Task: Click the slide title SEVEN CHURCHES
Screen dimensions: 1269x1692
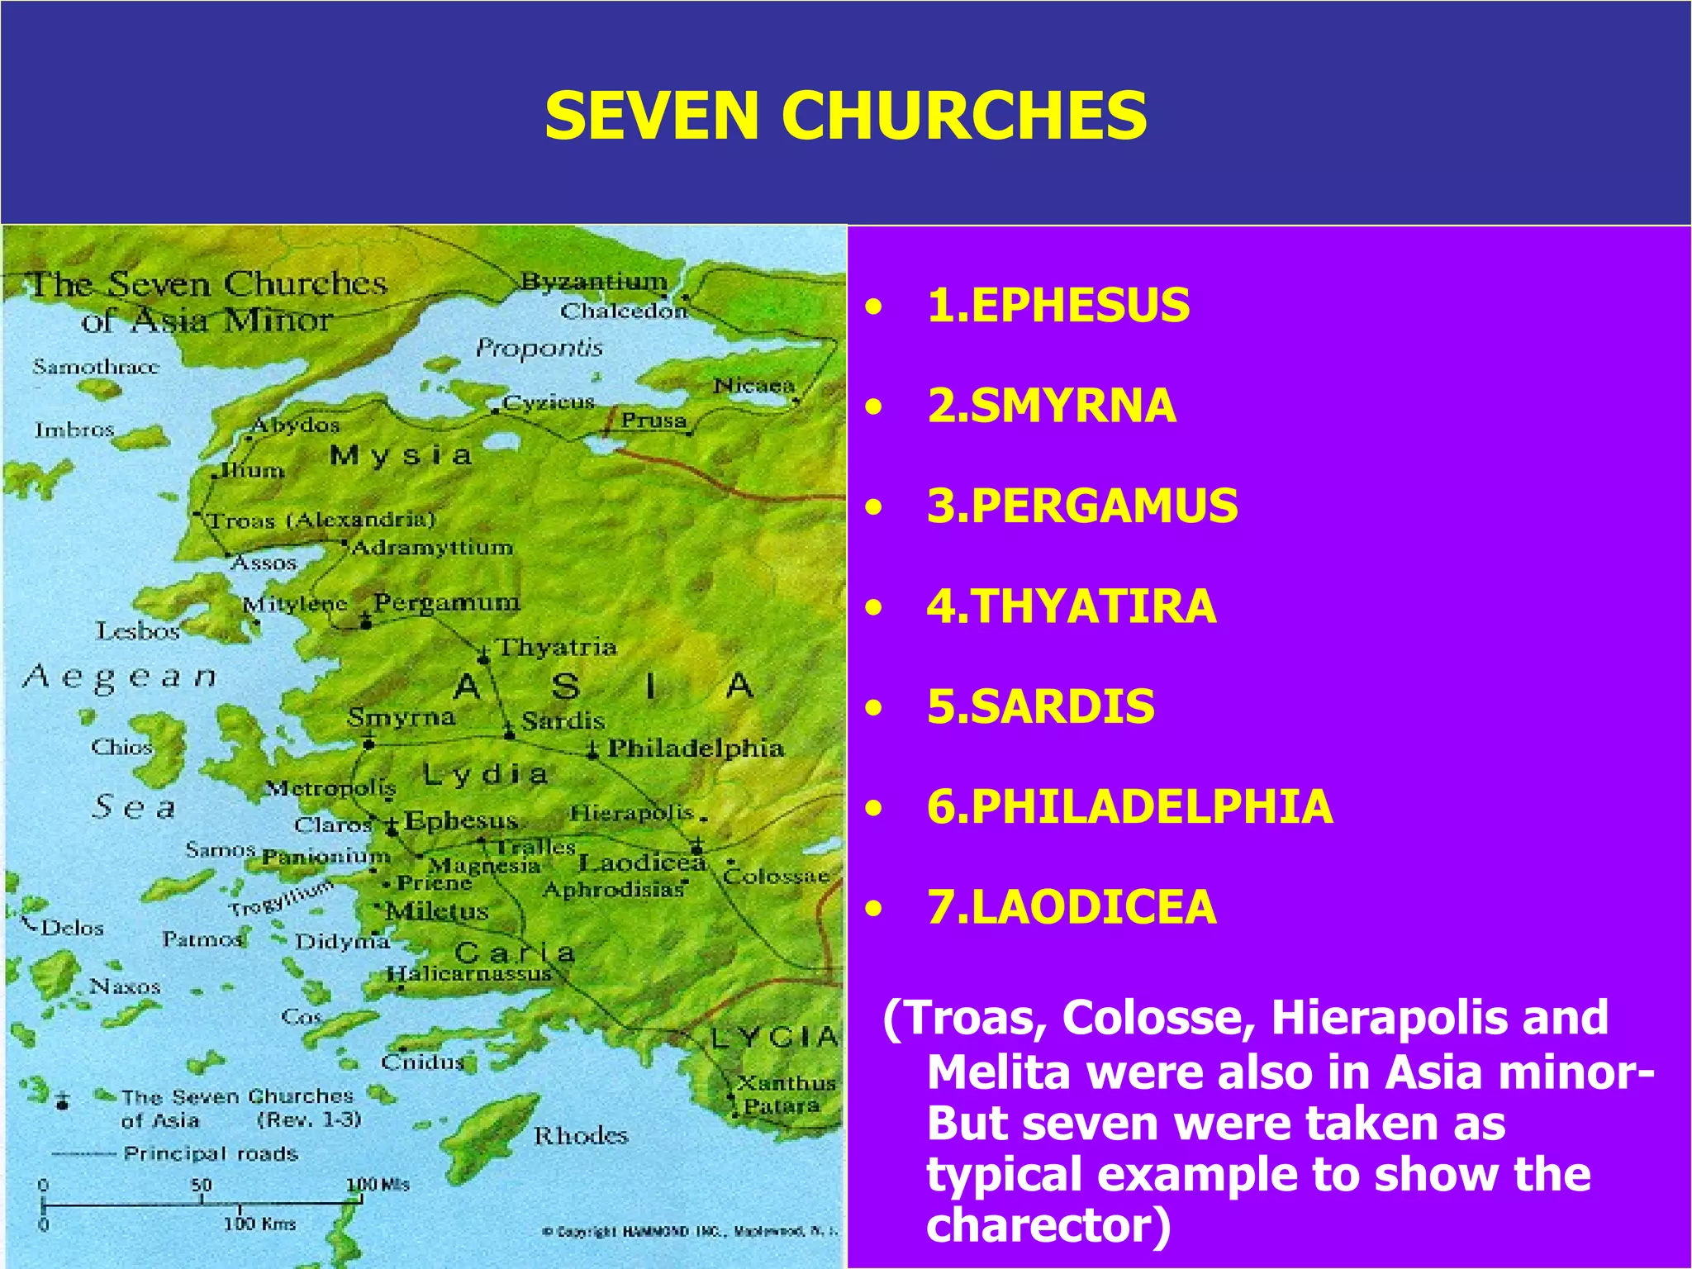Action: tap(845, 116)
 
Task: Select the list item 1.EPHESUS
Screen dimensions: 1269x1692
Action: tap(1058, 305)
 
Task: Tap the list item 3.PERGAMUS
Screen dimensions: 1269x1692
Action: tap(1082, 506)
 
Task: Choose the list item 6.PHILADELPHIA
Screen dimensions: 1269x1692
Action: tap(1129, 806)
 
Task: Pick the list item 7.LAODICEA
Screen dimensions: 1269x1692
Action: tap(1072, 907)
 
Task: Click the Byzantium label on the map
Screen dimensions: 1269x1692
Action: tap(594, 282)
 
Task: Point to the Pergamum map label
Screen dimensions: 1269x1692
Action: tap(447, 602)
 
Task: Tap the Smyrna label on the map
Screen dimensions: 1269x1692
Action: tap(401, 717)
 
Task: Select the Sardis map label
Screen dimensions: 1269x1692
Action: tap(563, 721)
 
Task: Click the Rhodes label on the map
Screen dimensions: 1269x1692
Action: tap(581, 1136)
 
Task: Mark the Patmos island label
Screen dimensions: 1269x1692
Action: tap(202, 939)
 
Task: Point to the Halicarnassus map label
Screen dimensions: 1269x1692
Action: tap(469, 974)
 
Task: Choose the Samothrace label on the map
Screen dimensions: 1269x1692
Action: tap(96, 366)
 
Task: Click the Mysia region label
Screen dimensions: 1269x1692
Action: tap(401, 455)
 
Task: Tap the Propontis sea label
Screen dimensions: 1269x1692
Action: tap(539, 349)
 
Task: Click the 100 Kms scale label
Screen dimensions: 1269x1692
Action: tap(259, 1224)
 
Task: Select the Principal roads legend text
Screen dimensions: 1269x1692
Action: tap(211, 1153)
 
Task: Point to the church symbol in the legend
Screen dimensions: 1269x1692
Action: tap(63, 1100)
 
